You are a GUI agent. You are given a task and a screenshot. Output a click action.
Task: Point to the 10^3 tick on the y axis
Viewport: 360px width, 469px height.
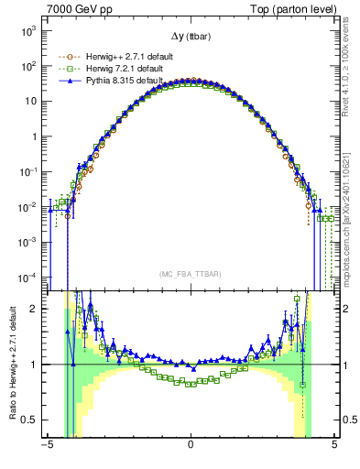tap(27, 31)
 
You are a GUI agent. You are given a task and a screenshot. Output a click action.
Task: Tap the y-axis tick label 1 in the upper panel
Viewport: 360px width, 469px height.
tap(33, 136)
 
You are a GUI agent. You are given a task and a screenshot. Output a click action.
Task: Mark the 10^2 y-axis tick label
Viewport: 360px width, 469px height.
tap(27, 66)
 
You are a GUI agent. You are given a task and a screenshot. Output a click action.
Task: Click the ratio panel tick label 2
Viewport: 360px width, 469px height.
tap(33, 309)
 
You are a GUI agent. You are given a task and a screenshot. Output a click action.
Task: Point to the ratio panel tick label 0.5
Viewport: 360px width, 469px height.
tap(29, 420)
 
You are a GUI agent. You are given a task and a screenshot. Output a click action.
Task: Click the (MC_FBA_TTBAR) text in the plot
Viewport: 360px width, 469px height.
tap(190, 274)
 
